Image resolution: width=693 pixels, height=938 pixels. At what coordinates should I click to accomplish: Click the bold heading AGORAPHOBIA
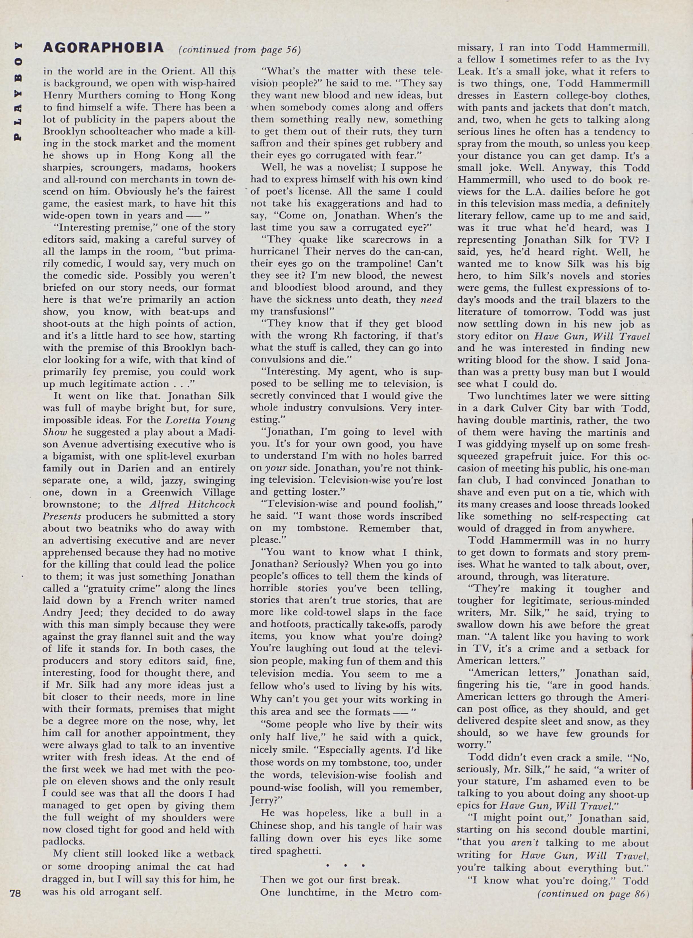[103, 48]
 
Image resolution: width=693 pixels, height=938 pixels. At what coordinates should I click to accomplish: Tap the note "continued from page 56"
[240, 50]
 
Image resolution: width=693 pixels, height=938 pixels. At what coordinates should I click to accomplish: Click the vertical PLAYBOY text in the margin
[18, 92]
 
